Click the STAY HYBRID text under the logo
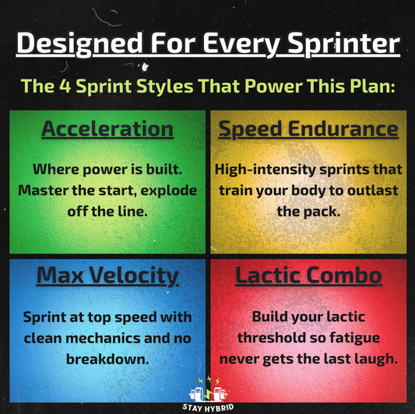207,407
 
